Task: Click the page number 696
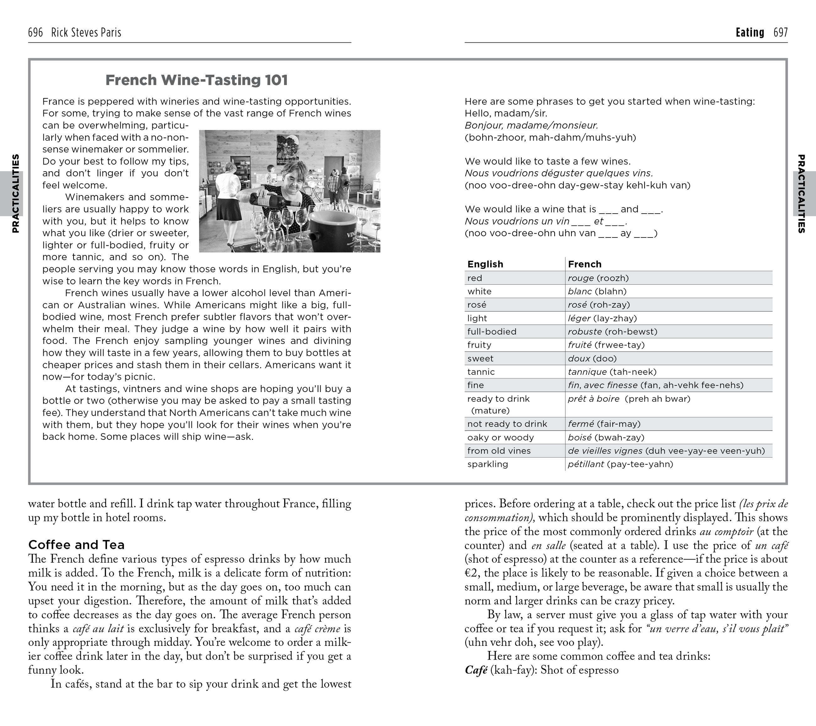pos(35,32)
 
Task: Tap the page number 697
pos(781,32)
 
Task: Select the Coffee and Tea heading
pos(76,545)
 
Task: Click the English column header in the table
pos(485,264)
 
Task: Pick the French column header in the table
pos(584,264)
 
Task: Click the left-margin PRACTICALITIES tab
pos(15,194)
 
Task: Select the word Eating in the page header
pos(750,32)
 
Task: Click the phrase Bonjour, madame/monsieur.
pos(531,125)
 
